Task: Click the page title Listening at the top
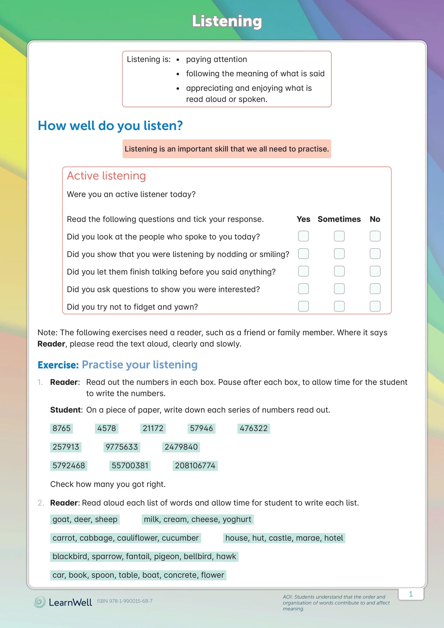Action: click(227, 21)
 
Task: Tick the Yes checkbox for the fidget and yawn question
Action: click(303, 306)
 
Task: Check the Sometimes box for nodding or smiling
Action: click(339, 254)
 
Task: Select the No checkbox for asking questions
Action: click(375, 289)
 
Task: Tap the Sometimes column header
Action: click(339, 219)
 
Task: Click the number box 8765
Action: click(61, 428)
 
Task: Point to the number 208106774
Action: click(195, 466)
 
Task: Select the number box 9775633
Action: click(122, 447)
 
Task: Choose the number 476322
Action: click(253, 428)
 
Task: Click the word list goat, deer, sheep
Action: click(85, 519)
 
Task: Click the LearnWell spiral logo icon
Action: click(39, 602)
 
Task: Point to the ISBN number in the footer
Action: click(125, 601)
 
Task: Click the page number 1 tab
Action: click(411, 594)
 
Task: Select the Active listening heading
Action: click(106, 176)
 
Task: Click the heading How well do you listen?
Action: click(110, 126)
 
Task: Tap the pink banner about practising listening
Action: click(227, 149)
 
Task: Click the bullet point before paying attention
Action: click(178, 60)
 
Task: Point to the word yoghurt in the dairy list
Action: click(237, 519)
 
